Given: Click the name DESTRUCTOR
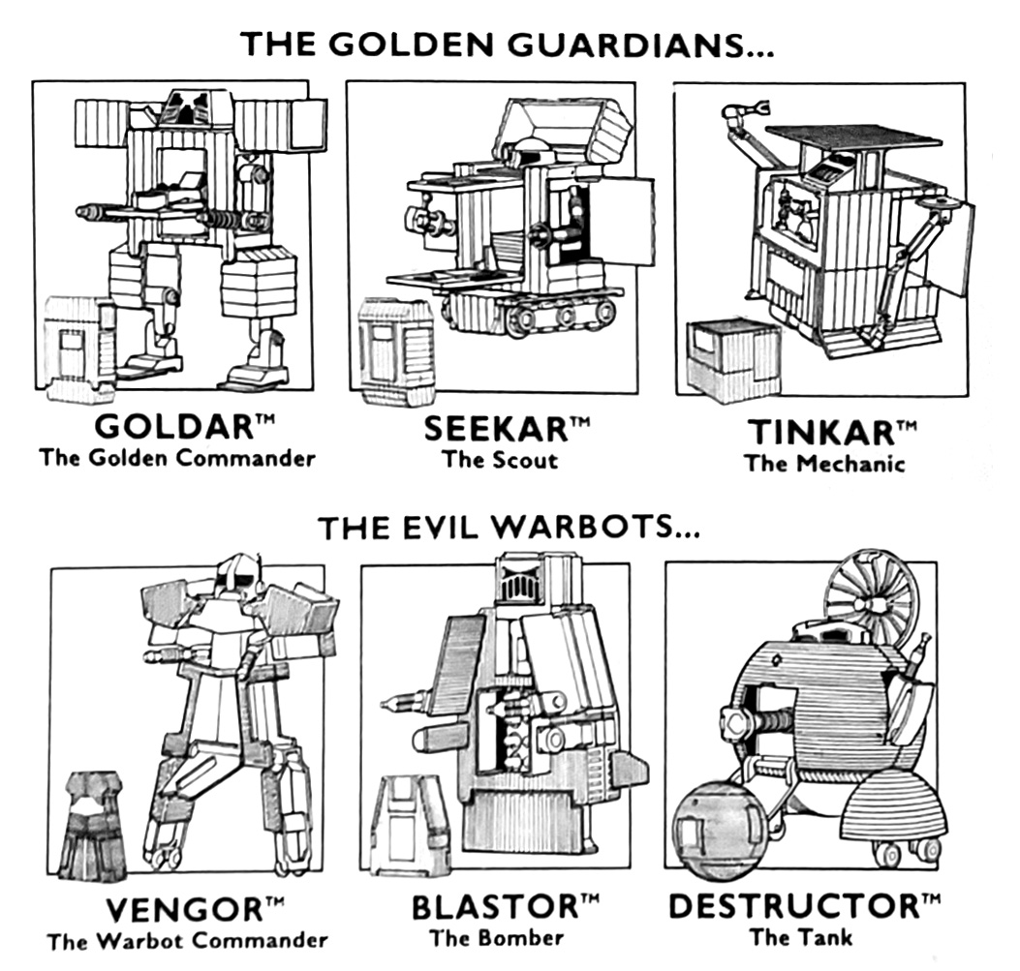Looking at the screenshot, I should click(792, 907).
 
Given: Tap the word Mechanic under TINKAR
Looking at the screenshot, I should click(851, 463).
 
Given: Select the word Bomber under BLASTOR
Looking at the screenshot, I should click(520, 937).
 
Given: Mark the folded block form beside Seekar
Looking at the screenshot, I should click(396, 351).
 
